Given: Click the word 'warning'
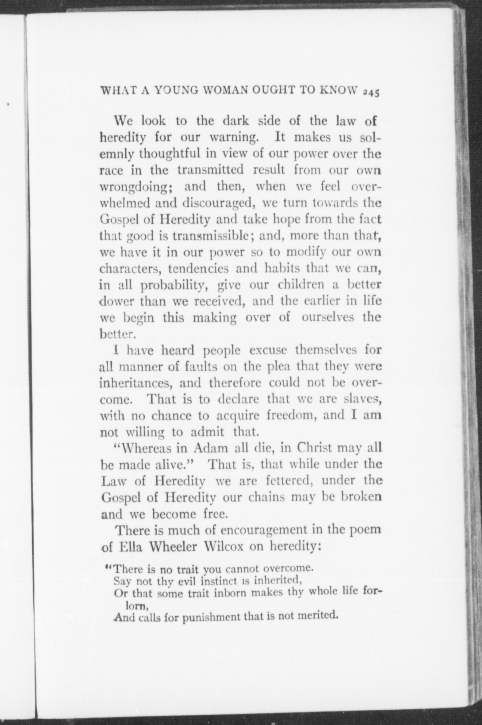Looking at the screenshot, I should (232, 138).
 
